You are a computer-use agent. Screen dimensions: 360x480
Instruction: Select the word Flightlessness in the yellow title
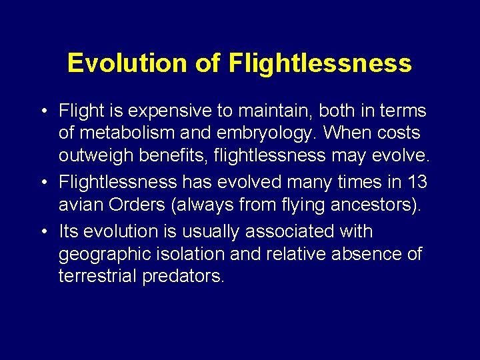click(x=320, y=63)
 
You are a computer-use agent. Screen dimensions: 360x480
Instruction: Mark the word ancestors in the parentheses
click(x=377, y=205)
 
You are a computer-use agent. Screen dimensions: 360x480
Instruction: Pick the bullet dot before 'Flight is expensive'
click(x=43, y=111)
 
